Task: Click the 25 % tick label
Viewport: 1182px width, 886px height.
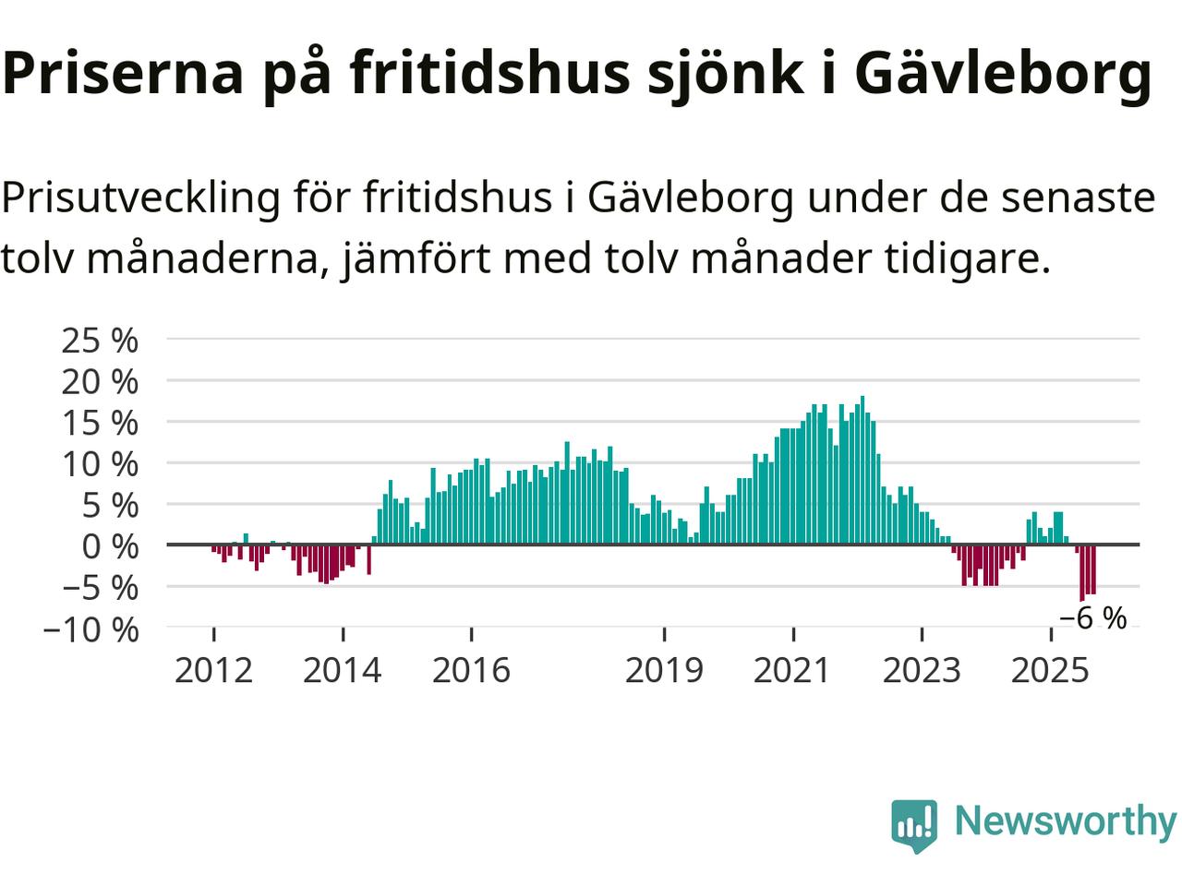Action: click(x=100, y=341)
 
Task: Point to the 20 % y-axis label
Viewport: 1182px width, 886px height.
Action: click(x=100, y=381)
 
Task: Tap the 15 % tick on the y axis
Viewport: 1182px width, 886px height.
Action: click(x=100, y=423)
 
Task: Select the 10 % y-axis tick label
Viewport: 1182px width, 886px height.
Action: click(x=100, y=463)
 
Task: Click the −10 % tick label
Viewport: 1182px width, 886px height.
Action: click(x=90, y=630)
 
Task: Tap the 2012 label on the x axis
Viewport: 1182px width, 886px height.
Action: click(x=213, y=670)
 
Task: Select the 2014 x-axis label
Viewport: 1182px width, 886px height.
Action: click(x=342, y=670)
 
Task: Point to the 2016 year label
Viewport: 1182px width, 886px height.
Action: click(x=471, y=670)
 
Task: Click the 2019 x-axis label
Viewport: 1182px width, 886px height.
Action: click(x=664, y=670)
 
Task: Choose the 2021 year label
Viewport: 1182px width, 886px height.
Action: click(x=792, y=670)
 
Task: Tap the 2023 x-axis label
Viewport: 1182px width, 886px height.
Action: click(x=922, y=670)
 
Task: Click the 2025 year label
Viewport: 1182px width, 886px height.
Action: click(x=1050, y=670)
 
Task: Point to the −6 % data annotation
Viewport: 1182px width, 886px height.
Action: click(x=1092, y=618)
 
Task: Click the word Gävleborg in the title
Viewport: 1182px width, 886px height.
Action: click(x=1002, y=74)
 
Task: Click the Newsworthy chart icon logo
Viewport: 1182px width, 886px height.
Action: click(x=913, y=824)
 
